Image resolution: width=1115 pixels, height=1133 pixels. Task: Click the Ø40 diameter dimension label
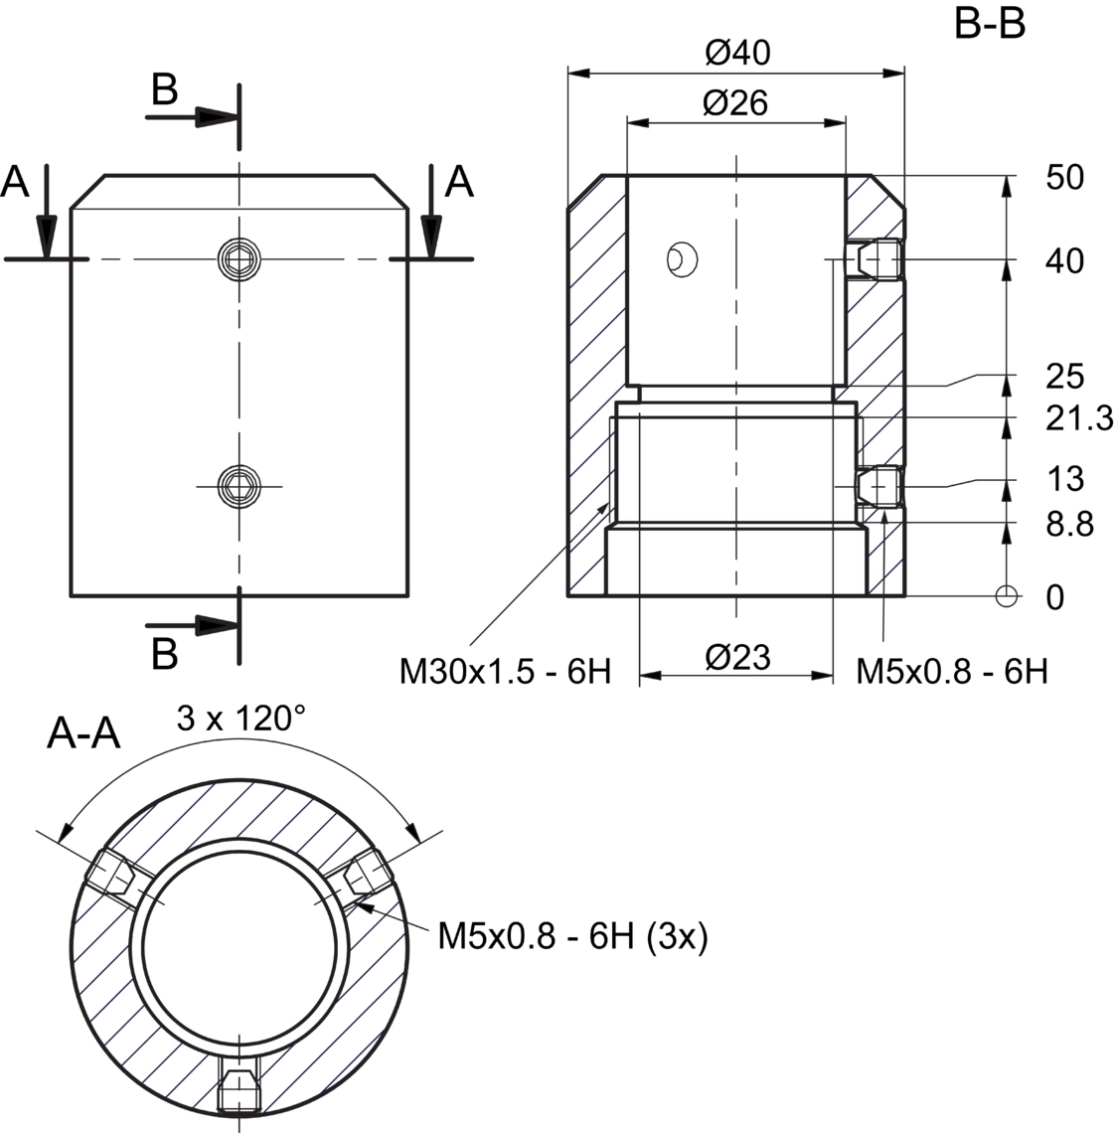[737, 53]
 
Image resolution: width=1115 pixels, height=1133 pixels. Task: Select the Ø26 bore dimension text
[735, 103]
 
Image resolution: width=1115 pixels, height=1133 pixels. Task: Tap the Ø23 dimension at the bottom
[737, 658]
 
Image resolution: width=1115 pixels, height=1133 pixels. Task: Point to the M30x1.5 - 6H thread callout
[505, 672]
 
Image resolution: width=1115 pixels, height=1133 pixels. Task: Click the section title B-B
[989, 23]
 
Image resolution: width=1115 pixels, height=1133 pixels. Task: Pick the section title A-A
[83, 734]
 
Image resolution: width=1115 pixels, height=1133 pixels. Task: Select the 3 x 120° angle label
[241, 718]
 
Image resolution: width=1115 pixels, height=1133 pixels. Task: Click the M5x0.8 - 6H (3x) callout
[573, 937]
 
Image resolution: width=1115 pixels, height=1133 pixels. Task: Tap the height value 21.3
[1079, 418]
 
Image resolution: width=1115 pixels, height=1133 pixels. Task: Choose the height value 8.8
[1069, 524]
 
